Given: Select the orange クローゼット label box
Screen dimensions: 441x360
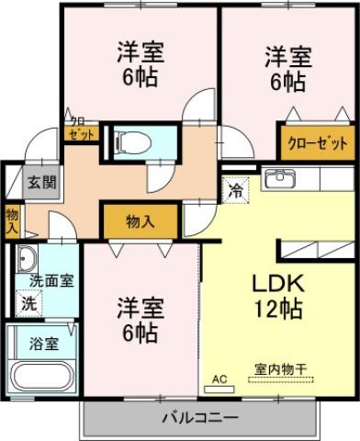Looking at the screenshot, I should click(x=318, y=142).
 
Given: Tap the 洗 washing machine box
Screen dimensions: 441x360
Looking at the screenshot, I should click(x=28, y=301).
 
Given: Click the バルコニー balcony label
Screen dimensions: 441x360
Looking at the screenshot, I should click(x=200, y=417).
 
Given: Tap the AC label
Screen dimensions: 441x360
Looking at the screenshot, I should click(x=219, y=378).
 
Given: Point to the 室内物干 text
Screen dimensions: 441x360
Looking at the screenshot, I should click(x=280, y=369).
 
